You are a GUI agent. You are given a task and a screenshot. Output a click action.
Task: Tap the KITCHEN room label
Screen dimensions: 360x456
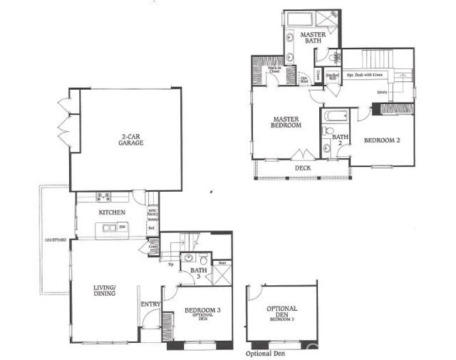(x=111, y=212)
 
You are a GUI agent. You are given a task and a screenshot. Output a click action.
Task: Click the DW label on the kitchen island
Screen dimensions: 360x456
(x=123, y=227)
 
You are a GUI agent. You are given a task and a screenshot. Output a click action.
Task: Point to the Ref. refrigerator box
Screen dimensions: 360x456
(x=152, y=228)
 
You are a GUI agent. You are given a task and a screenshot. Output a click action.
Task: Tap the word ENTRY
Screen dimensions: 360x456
(x=150, y=305)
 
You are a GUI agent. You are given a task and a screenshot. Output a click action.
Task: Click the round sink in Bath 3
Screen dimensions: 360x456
(x=187, y=259)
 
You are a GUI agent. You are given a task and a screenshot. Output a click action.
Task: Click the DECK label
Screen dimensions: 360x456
(x=303, y=168)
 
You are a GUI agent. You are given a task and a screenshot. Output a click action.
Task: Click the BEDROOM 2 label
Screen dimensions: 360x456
(x=382, y=140)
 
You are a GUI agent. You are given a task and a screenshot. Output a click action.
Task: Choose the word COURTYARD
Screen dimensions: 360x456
(x=55, y=240)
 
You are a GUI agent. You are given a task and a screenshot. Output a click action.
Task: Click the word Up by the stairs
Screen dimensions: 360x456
(x=169, y=264)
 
